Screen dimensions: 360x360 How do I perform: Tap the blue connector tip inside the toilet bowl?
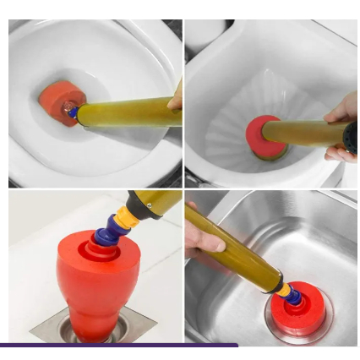click(74, 112)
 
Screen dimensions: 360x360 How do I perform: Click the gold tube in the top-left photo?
click(127, 111)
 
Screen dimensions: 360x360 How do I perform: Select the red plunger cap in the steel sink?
click(297, 312)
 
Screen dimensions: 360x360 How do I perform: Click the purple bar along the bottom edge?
click(118, 345)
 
